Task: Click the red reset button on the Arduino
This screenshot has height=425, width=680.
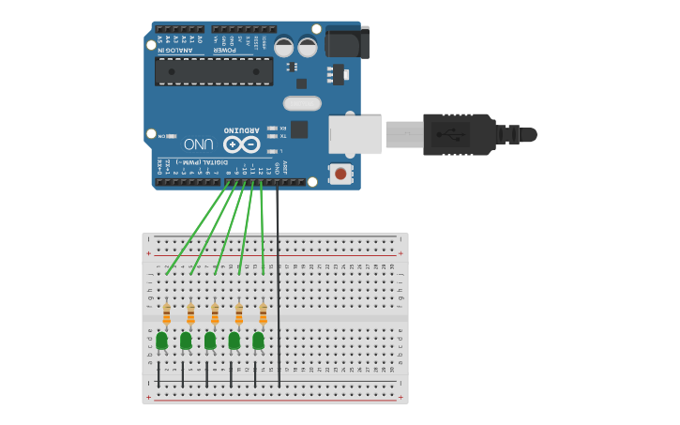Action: (340, 174)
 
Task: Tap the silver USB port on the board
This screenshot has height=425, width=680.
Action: (355, 135)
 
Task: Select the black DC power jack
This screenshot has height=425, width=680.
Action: (346, 43)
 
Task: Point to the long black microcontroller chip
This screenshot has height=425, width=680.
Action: (214, 71)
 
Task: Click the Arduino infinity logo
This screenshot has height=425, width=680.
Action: (241, 144)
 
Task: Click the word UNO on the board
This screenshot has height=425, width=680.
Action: (199, 144)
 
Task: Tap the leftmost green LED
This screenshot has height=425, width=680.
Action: (161, 340)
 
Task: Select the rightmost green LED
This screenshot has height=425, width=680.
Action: (258, 340)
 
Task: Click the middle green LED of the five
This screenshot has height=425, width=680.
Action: (210, 340)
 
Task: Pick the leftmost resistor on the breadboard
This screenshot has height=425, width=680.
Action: (166, 313)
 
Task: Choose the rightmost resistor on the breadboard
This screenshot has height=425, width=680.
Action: (263, 313)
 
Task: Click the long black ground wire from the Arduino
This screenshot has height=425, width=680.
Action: (278, 281)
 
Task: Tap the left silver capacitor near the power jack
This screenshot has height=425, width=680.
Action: (284, 46)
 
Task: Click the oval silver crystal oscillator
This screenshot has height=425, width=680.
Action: (302, 103)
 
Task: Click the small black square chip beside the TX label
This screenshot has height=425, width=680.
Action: (299, 129)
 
